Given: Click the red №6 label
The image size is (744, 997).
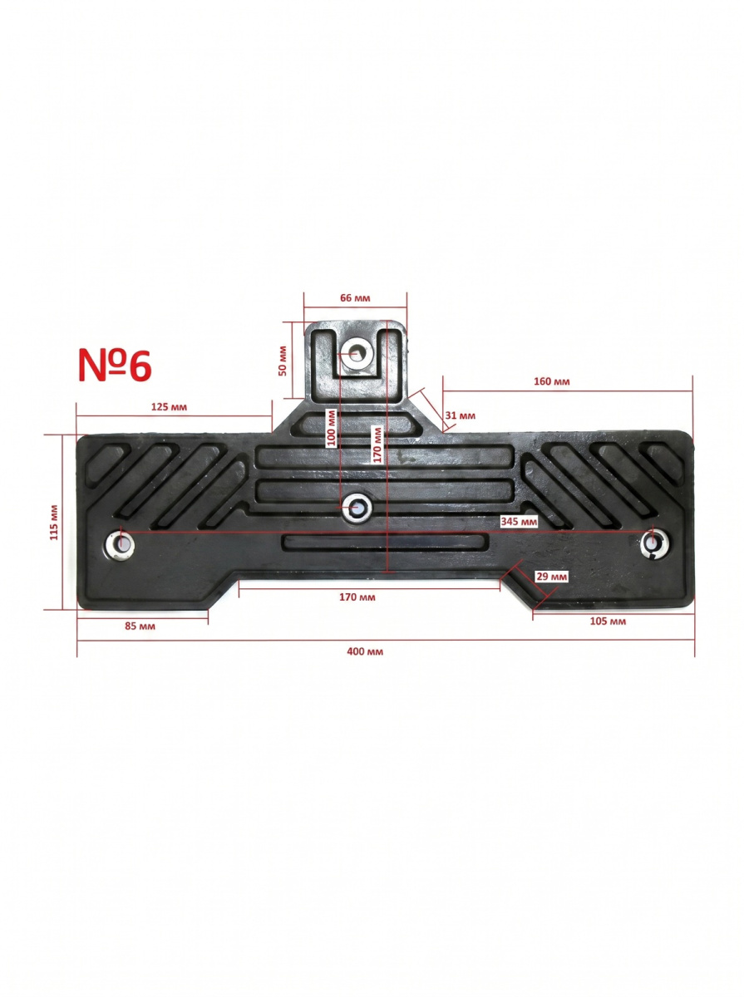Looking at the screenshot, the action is point(115,366).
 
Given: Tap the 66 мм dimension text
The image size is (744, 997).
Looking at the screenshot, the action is point(355,298).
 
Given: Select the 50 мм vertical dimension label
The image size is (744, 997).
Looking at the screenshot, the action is point(283,361).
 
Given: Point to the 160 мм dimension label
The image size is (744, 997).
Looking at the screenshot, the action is point(551,381).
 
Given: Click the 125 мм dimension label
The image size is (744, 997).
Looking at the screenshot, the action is point(169,406).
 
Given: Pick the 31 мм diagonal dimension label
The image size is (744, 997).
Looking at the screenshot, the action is point(460,415).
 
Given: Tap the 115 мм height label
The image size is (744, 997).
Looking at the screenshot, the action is point(54,523).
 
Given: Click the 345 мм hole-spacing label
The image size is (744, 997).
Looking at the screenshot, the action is point(519,522).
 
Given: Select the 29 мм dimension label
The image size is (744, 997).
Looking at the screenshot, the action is point(552,577).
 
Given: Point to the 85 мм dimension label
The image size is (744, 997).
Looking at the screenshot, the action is point(140,626).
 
